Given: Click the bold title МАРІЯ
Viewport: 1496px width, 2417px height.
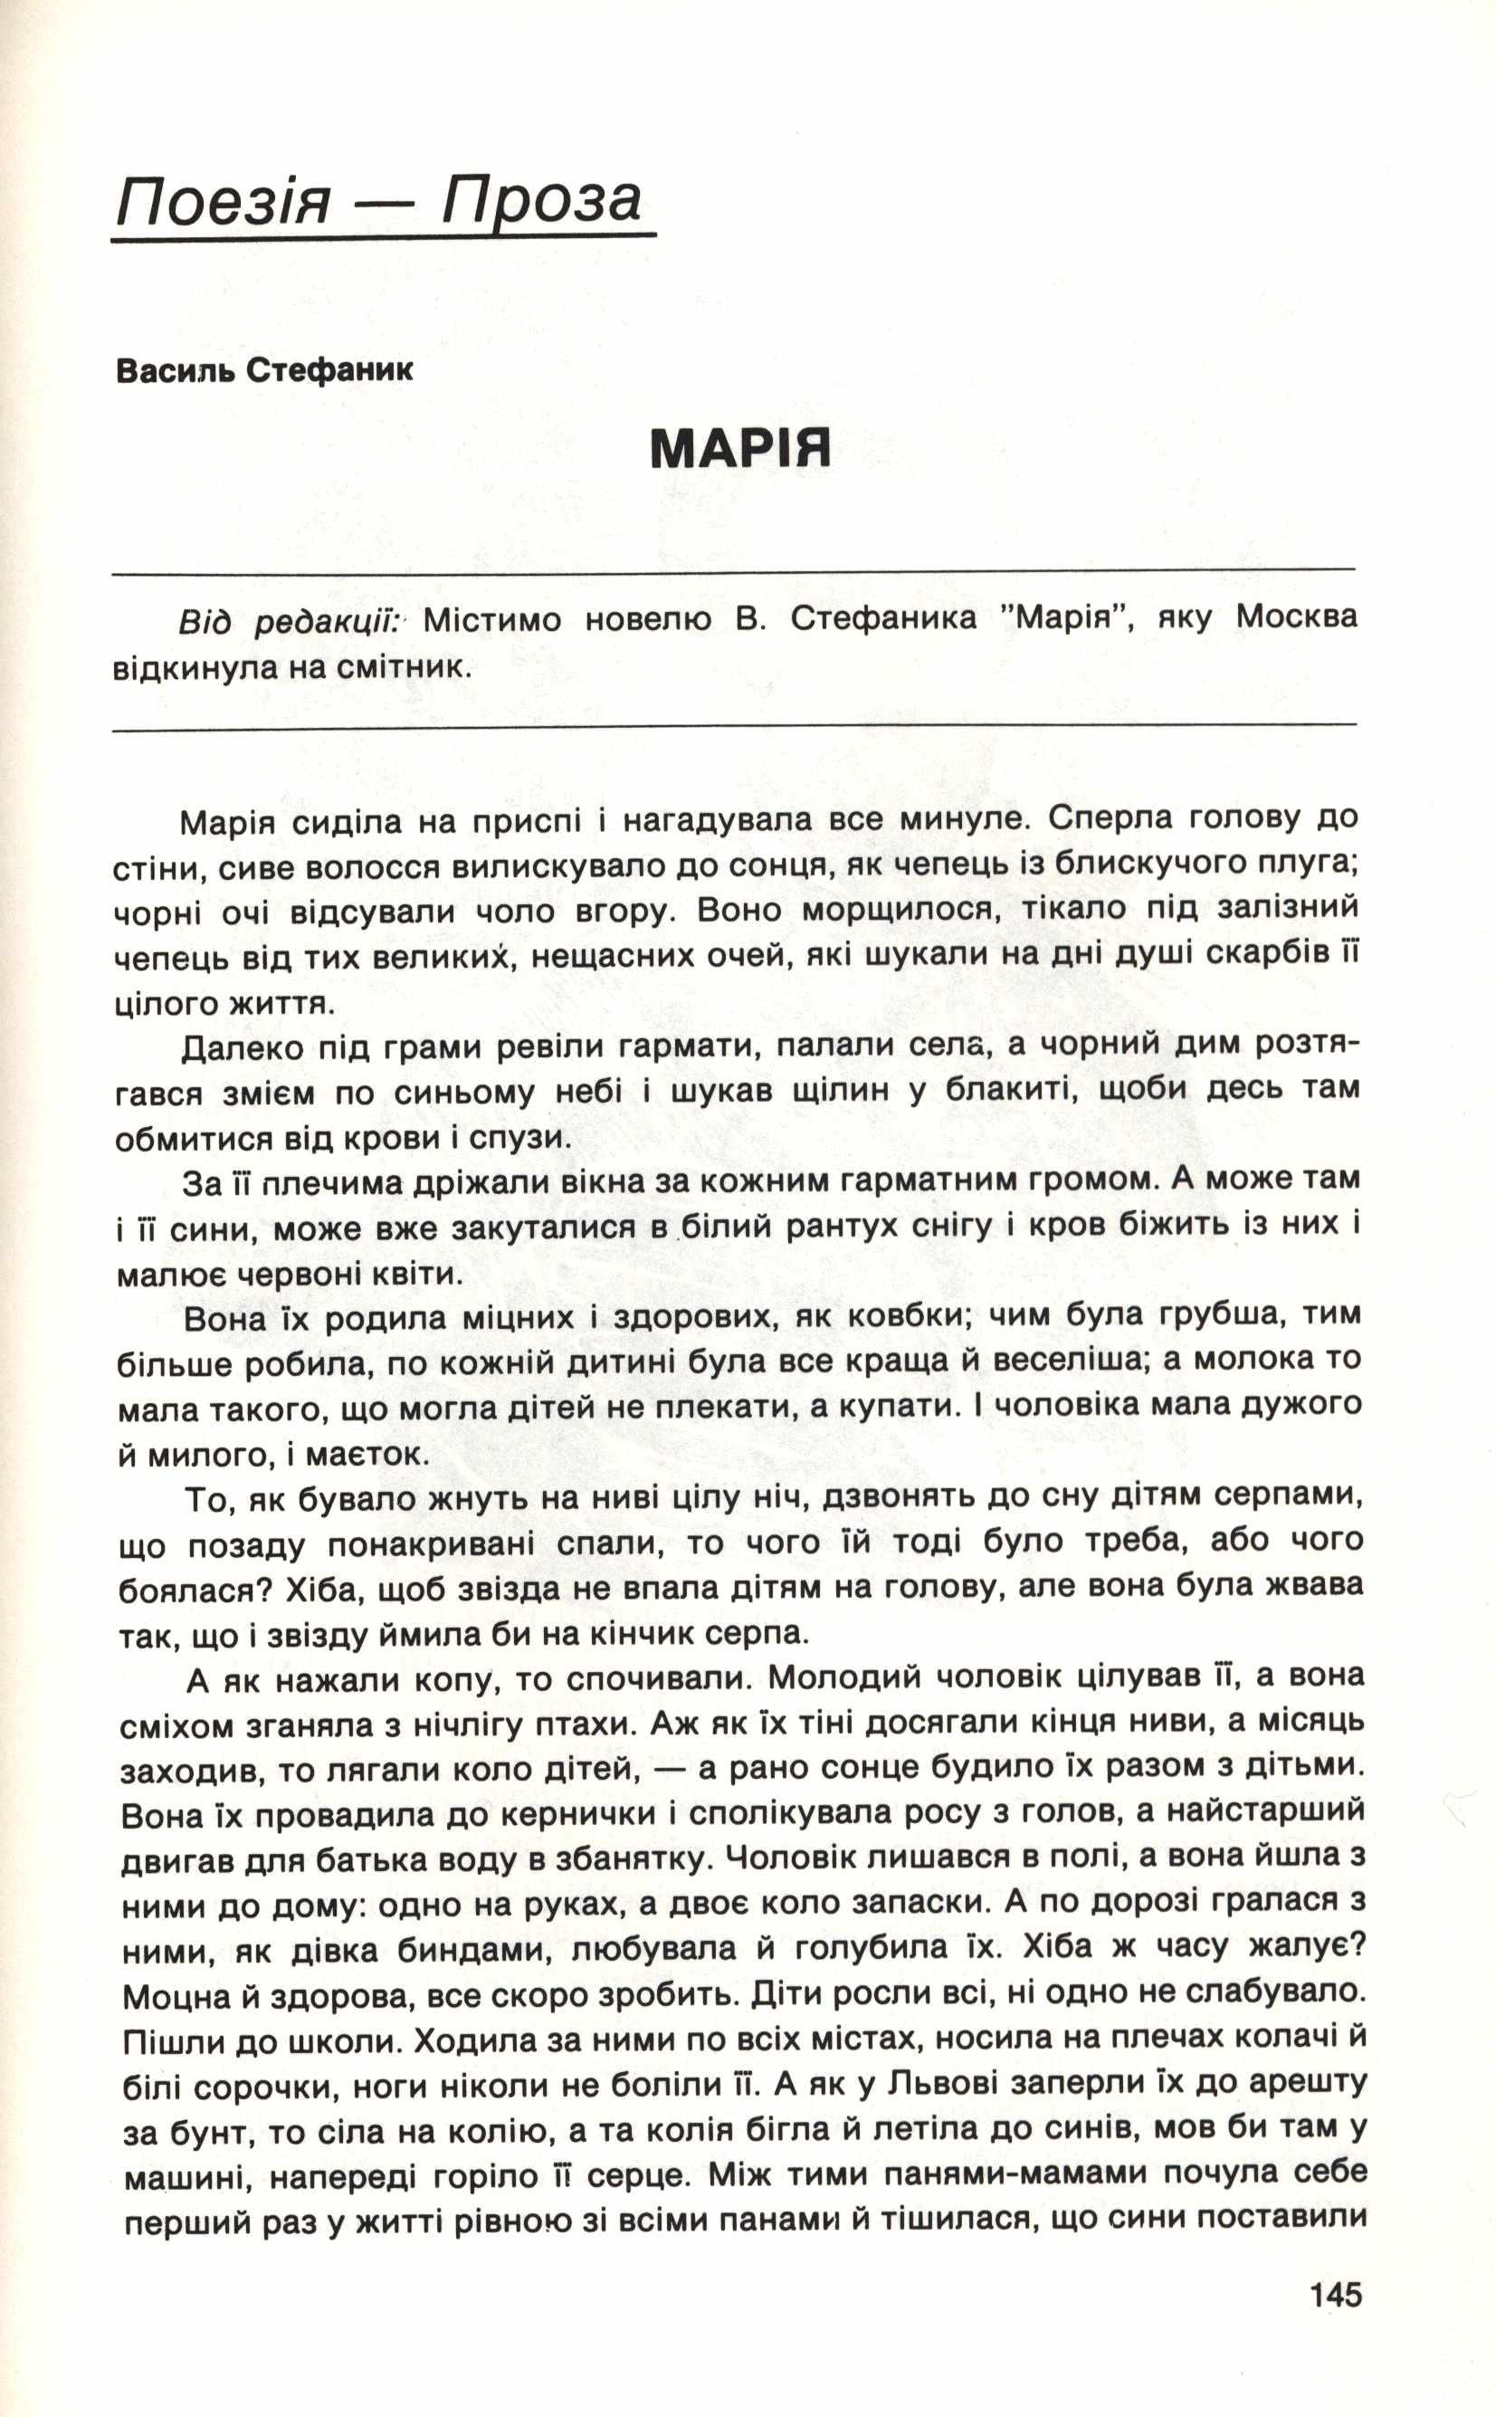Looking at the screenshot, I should (x=740, y=449).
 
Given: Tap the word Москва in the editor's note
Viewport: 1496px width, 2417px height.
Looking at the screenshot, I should (x=1297, y=618).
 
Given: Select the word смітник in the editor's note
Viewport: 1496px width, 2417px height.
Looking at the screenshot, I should (x=405, y=667).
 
